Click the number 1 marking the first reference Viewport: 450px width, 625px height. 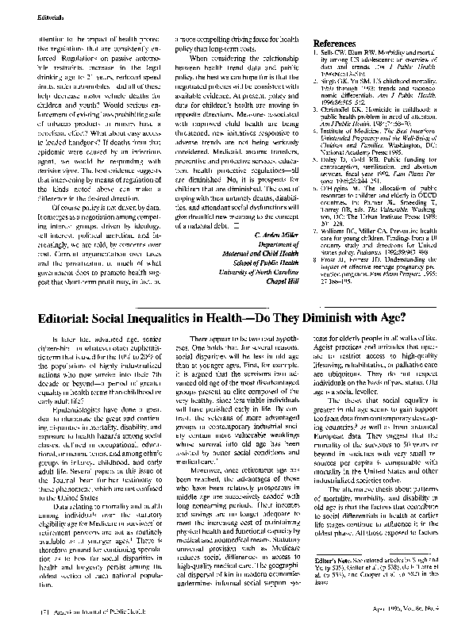(306, 52)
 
